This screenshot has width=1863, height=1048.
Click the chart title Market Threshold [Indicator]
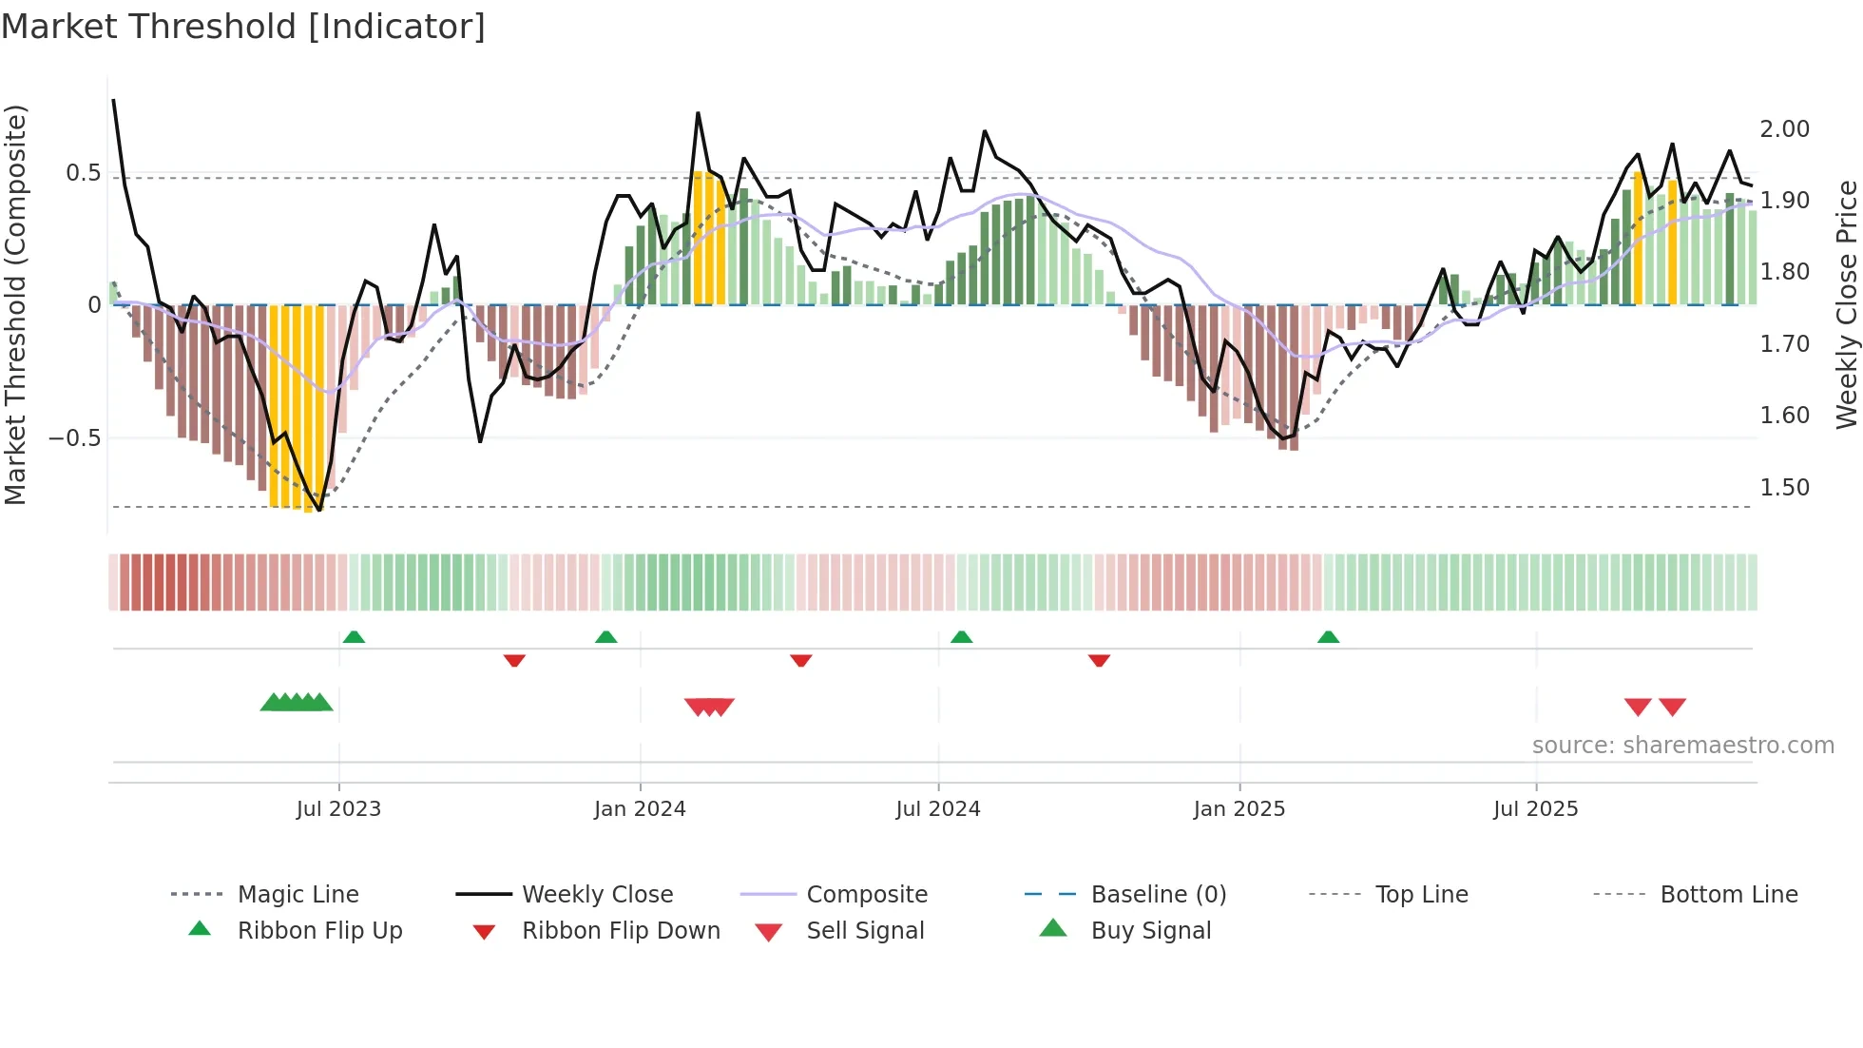pyautogui.click(x=243, y=27)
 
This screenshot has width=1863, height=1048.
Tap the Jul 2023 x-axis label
pyautogui.click(x=338, y=809)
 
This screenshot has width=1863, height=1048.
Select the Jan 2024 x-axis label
pyautogui.click(x=640, y=809)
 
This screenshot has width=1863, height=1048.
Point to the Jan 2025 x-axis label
pyautogui.click(x=1239, y=809)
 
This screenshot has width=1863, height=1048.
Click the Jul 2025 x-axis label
pyautogui.click(x=1535, y=809)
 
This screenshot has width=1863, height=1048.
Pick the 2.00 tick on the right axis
pyautogui.click(x=1784, y=129)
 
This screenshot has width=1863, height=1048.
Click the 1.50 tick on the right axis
pyautogui.click(x=1784, y=488)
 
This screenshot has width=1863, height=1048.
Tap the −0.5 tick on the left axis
pyautogui.click(x=75, y=438)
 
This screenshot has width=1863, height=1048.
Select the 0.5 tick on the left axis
pyautogui.click(x=83, y=173)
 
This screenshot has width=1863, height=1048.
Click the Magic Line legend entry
pyautogui.click(x=298, y=895)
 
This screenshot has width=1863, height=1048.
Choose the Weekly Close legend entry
pyautogui.click(x=597, y=895)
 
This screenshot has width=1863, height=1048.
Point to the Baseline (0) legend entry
pyautogui.click(x=1158, y=895)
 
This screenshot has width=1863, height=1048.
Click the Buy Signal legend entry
pyautogui.click(x=1150, y=931)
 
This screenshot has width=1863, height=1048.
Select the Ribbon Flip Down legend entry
pyautogui.click(x=621, y=931)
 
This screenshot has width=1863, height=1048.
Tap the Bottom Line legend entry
pyautogui.click(x=1728, y=895)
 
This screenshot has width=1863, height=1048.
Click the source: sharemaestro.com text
pyautogui.click(x=1682, y=746)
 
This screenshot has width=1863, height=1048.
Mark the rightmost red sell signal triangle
pyautogui.click(x=1672, y=707)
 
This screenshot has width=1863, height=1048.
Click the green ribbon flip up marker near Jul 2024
pyautogui.click(x=961, y=636)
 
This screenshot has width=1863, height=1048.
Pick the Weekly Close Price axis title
pyautogui.click(x=1846, y=304)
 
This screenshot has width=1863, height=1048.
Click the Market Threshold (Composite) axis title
pyautogui.click(x=15, y=304)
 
